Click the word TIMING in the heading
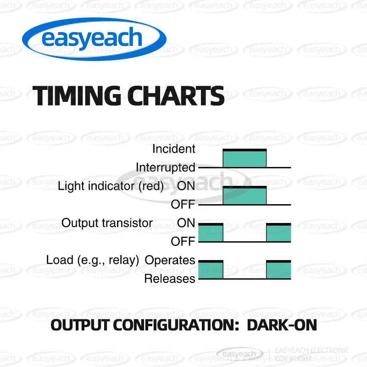[77, 95]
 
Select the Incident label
[174, 149]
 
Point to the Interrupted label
[166, 168]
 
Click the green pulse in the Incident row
[245, 158]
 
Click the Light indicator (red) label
[111, 186]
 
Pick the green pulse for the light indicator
[245, 195]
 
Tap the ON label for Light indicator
[186, 186]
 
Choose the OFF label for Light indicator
[183, 204]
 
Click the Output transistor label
[107, 223]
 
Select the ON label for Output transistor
[186, 223]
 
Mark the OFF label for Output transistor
[183, 241]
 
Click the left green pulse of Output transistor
[211, 233]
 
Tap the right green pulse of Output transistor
[279, 233]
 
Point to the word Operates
[170, 260]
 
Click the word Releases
[170, 279]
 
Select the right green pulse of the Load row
[279, 269]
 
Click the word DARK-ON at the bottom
[282, 325]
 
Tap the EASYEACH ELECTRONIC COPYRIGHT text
[312, 354]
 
